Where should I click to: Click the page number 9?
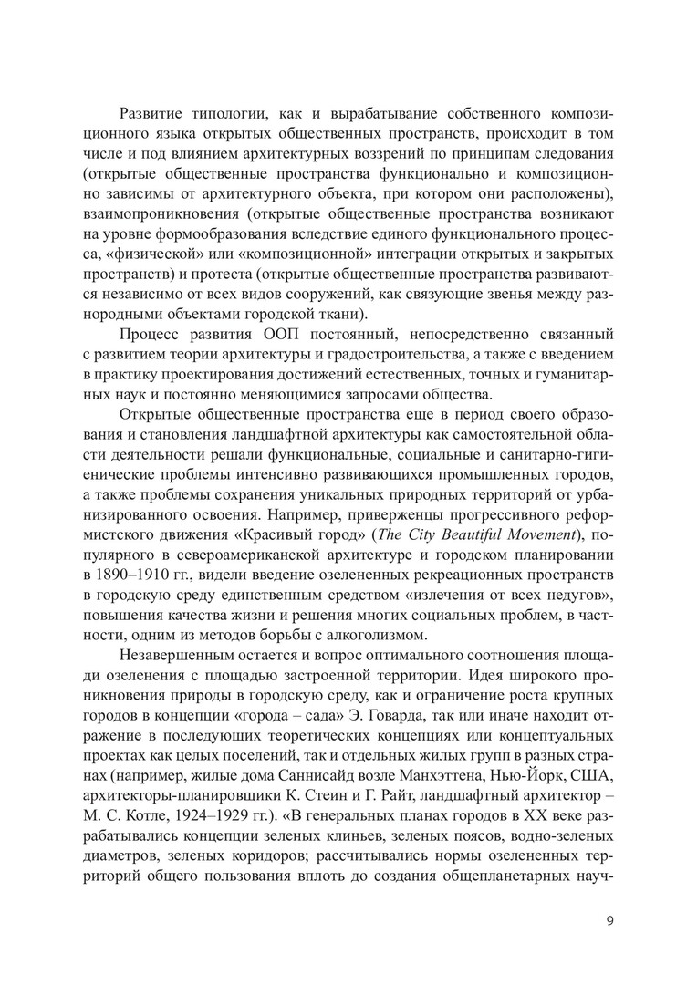(x=609, y=919)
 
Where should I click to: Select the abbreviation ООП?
(x=270, y=335)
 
